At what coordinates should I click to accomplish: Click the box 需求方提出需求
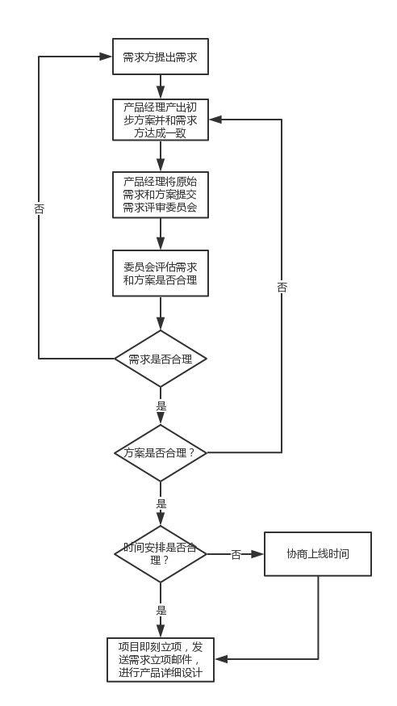coord(161,57)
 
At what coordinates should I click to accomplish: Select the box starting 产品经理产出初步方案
coord(161,120)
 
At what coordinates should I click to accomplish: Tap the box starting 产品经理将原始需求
coord(161,195)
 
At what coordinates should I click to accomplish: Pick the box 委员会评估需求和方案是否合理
coord(161,273)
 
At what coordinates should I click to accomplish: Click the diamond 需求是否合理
coord(161,359)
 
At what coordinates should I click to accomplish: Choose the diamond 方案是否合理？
coord(161,452)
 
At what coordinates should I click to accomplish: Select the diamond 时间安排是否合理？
coord(161,554)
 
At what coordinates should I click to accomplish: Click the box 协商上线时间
coord(318,554)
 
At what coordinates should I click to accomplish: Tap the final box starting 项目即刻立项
coord(161,660)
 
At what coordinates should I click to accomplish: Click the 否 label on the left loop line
coord(39,209)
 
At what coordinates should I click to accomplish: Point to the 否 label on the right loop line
coord(282,288)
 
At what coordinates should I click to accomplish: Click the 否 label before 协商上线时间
coord(236,555)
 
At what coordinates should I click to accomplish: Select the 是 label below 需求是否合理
coord(161,406)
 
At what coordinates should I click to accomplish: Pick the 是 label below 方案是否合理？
coord(161,504)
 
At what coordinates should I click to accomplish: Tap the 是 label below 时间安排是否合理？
coord(161,611)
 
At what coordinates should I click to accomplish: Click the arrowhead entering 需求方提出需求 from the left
coord(106,57)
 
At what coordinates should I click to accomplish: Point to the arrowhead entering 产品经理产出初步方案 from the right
coord(215,120)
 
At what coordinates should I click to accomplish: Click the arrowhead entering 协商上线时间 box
coord(257,554)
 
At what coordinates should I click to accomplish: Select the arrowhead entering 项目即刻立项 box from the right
coord(221,659)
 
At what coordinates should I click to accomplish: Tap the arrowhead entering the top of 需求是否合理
coord(161,324)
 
